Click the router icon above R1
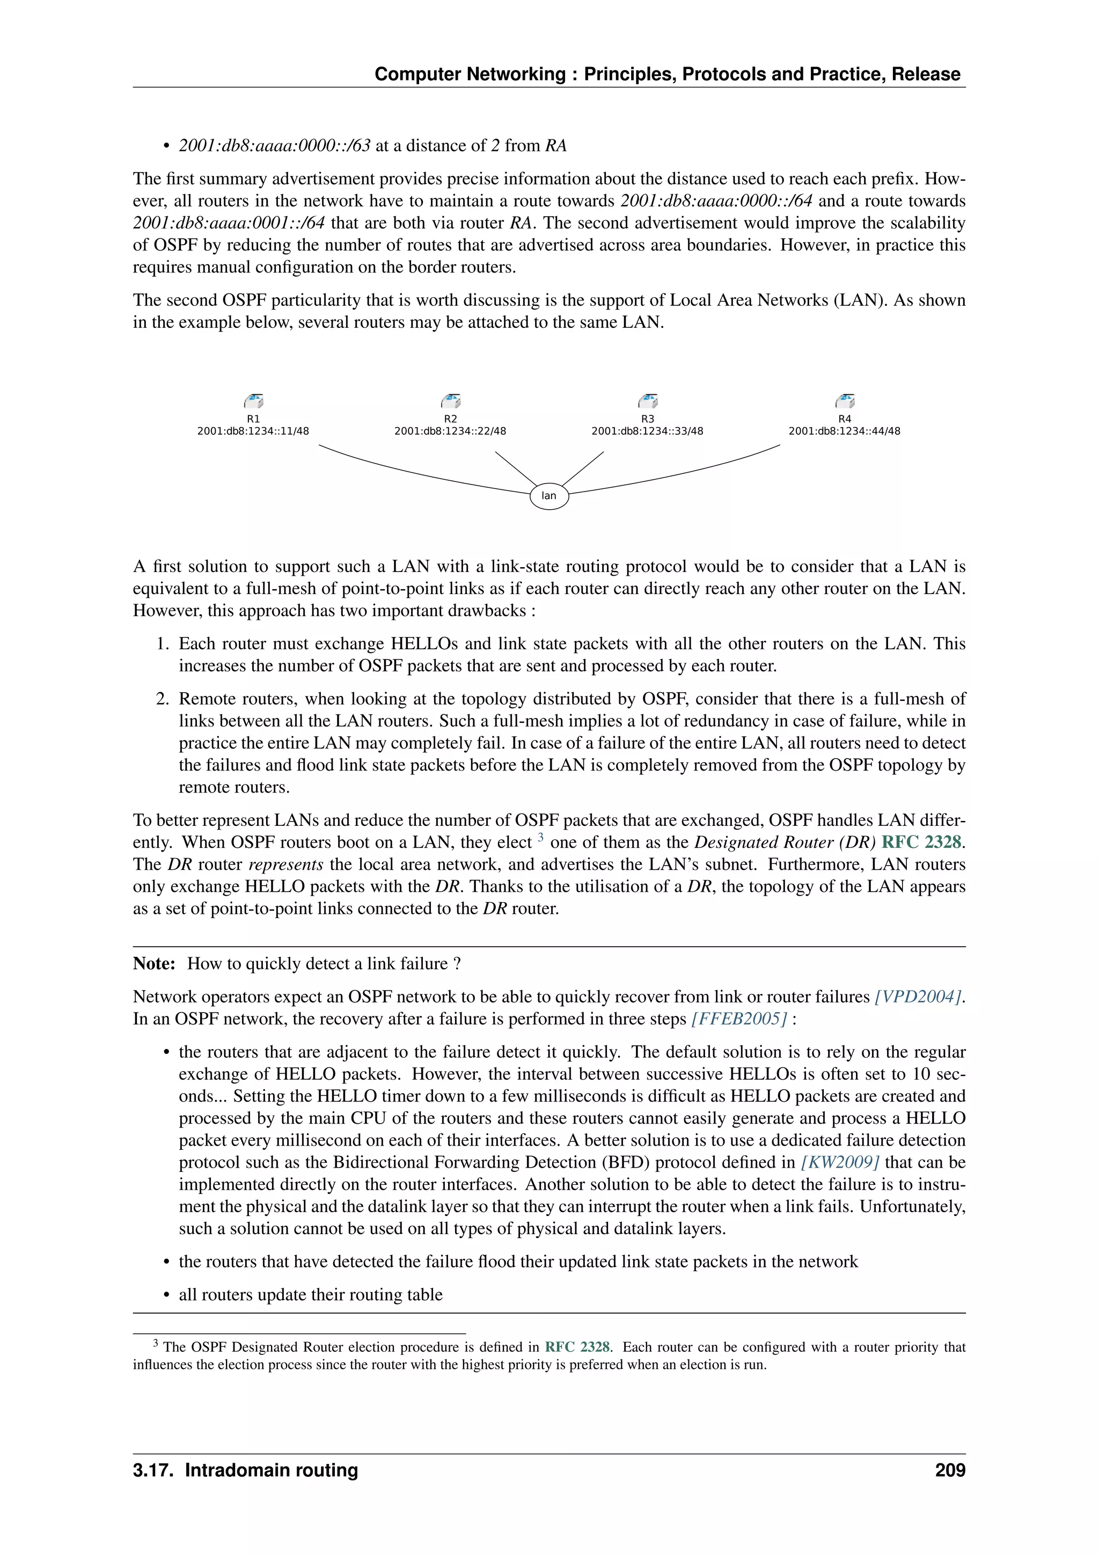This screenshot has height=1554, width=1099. (x=254, y=401)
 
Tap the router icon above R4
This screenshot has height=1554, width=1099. (x=845, y=401)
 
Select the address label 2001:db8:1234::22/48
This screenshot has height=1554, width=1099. (x=450, y=431)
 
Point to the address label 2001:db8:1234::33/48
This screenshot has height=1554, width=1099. (x=647, y=431)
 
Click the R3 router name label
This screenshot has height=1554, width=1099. (x=648, y=419)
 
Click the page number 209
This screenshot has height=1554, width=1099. (x=950, y=1470)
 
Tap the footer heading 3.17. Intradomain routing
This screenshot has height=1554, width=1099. (x=246, y=1470)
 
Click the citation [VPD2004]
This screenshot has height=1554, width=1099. (x=918, y=996)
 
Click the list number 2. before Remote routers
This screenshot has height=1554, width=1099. (x=163, y=699)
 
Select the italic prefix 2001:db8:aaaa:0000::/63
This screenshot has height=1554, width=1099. (x=275, y=145)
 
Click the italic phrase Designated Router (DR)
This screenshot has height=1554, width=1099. (x=785, y=842)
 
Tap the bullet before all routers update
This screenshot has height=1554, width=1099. (x=166, y=1295)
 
